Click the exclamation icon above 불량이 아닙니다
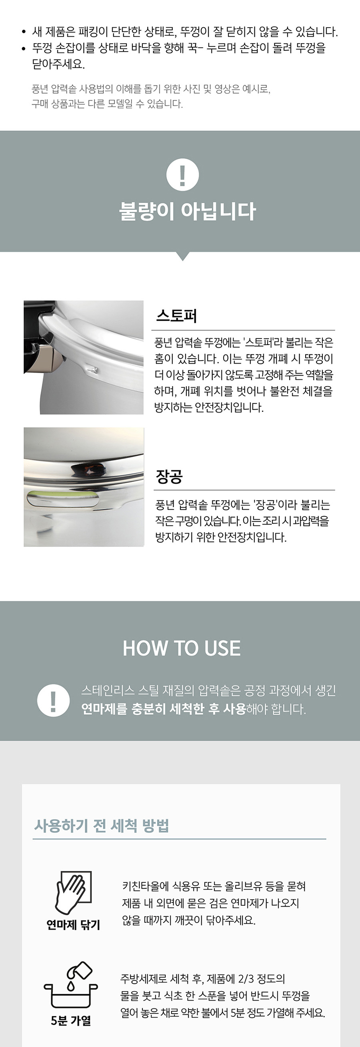click(183, 175)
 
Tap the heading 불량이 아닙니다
click(187, 211)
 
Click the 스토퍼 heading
click(176, 315)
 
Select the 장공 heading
click(169, 476)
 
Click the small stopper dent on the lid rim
click(92, 369)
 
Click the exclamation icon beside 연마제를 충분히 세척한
click(53, 700)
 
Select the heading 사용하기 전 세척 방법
click(101, 825)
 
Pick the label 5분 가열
click(71, 1021)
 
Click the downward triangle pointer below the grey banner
click(183, 256)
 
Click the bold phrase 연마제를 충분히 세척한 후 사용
click(163, 709)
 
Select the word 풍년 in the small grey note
click(40, 89)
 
